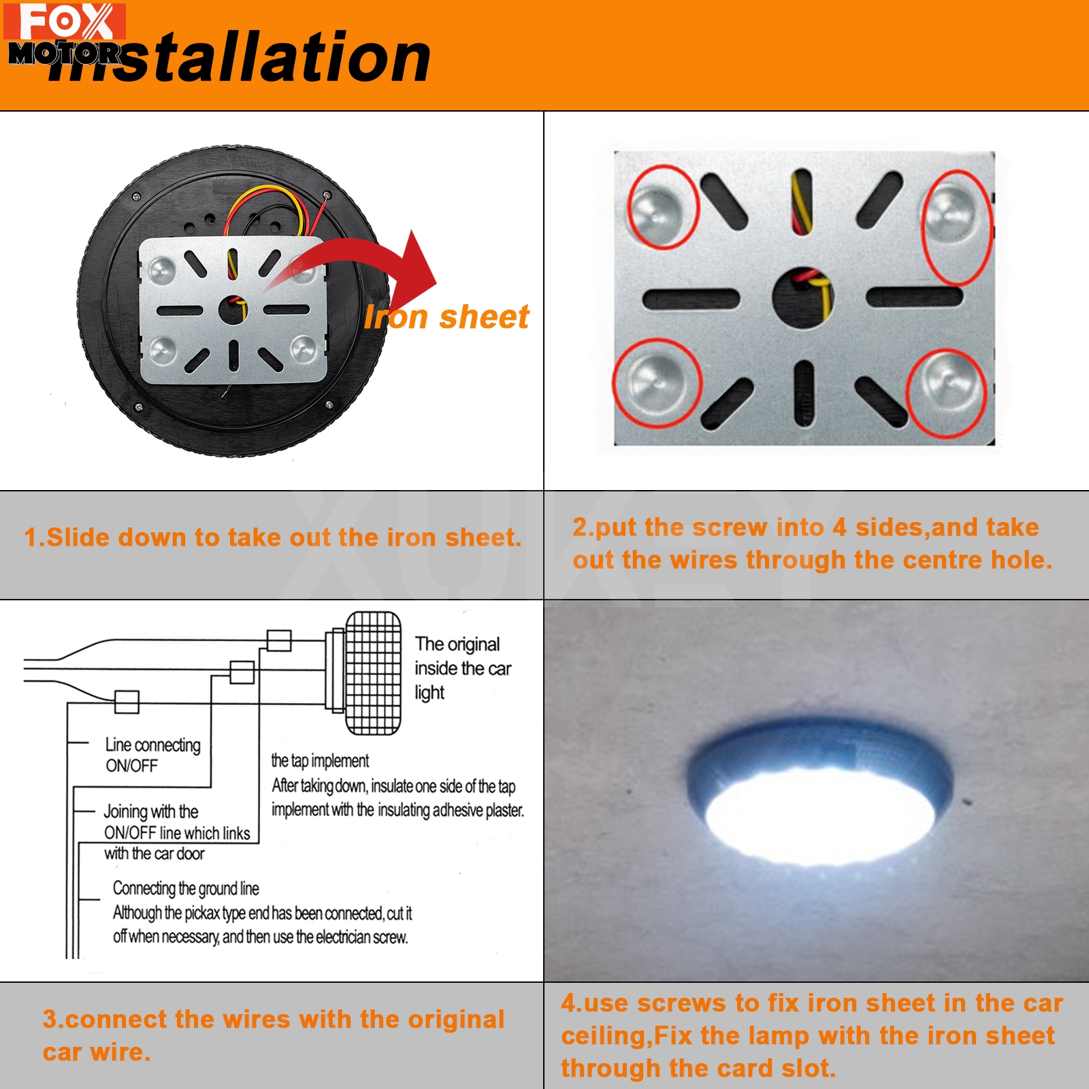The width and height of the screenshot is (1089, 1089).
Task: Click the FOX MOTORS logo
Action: (x=65, y=34)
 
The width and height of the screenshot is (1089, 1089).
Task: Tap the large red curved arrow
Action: (x=368, y=265)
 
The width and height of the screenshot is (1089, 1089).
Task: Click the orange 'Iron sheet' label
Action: (x=446, y=317)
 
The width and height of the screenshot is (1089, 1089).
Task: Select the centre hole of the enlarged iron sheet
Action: (x=803, y=298)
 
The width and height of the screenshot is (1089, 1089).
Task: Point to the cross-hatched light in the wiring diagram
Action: (x=373, y=673)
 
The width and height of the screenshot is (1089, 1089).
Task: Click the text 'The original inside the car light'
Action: (x=463, y=668)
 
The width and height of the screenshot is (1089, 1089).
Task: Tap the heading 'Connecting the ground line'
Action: (x=186, y=888)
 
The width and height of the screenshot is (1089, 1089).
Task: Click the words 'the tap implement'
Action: (x=320, y=760)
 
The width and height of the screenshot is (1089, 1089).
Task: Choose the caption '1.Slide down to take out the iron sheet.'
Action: (x=272, y=538)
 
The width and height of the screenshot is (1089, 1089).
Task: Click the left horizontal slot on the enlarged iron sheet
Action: (x=691, y=298)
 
